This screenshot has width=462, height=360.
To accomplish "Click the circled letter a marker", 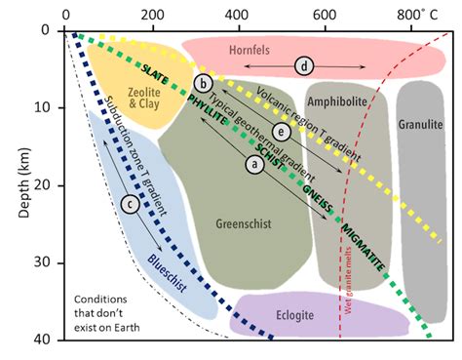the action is (x=254, y=165).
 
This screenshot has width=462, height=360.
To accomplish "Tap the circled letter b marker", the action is (x=203, y=83).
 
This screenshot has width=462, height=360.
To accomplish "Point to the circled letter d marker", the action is (x=305, y=65).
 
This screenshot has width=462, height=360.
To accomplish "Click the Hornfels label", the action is (x=304, y=46).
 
